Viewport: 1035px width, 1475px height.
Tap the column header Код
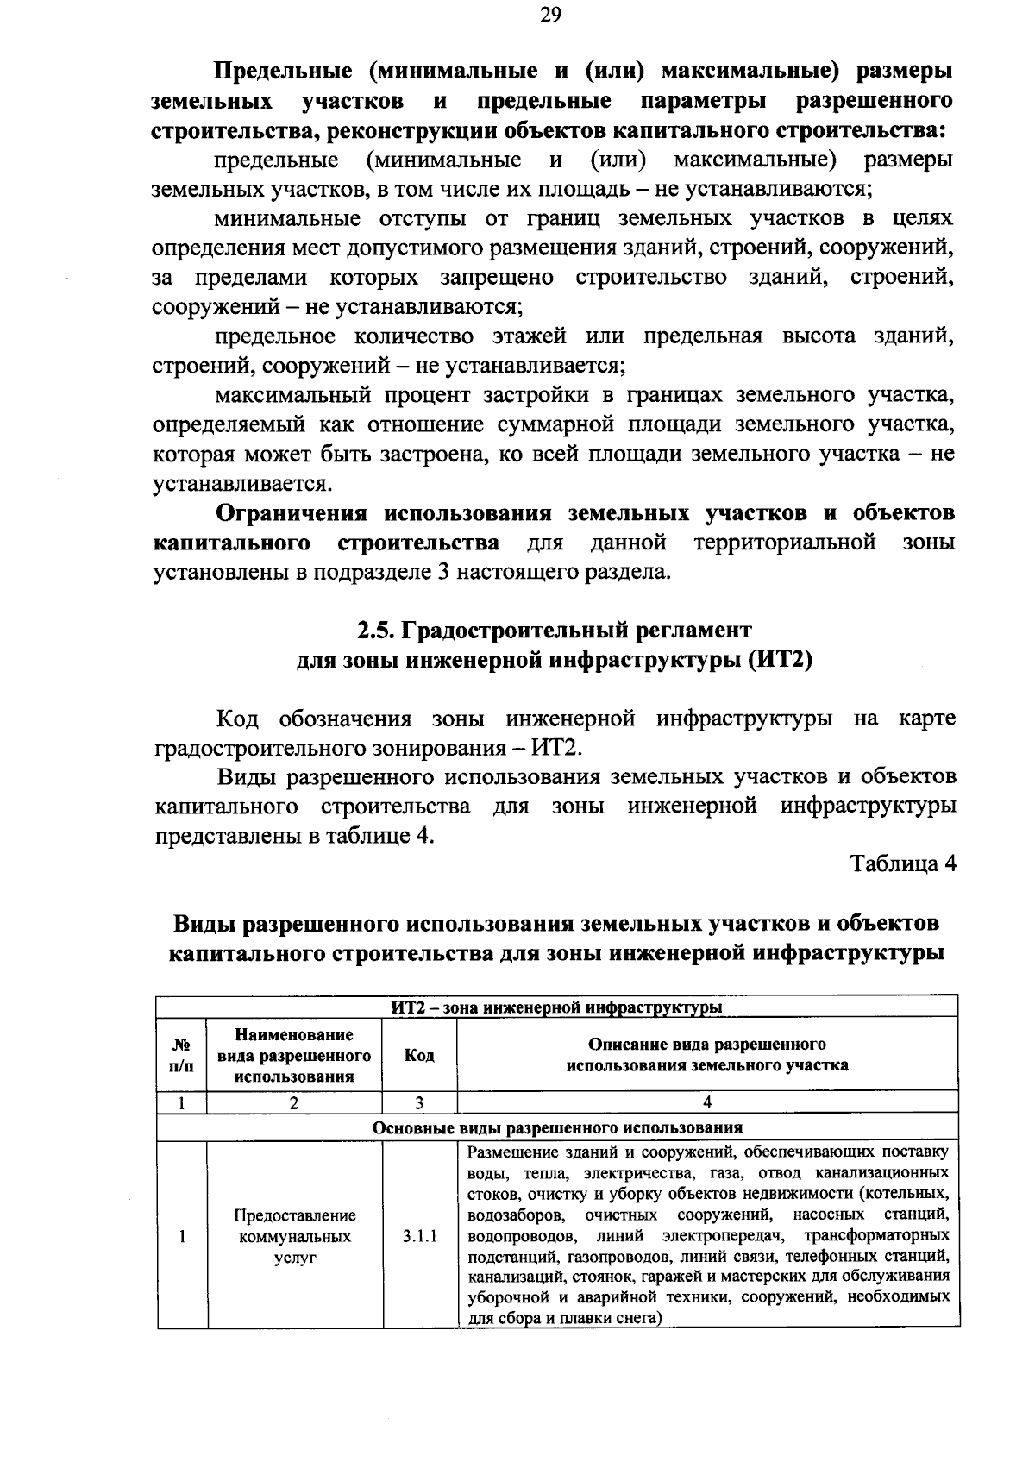tap(419, 1055)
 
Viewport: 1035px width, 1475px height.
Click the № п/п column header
tap(182, 1055)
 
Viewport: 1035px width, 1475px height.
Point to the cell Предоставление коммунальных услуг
tap(294, 1236)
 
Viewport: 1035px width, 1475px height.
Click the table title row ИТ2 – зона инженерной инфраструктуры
tap(557, 1007)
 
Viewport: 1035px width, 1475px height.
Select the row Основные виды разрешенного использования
tap(557, 1127)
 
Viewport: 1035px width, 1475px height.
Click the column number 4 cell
tap(707, 1102)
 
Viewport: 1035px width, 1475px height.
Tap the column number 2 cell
tap(294, 1102)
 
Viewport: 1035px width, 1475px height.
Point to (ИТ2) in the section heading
tap(780, 661)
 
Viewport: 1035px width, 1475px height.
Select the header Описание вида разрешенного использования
tap(707, 1055)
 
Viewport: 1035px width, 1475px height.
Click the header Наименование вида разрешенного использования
tap(294, 1055)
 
